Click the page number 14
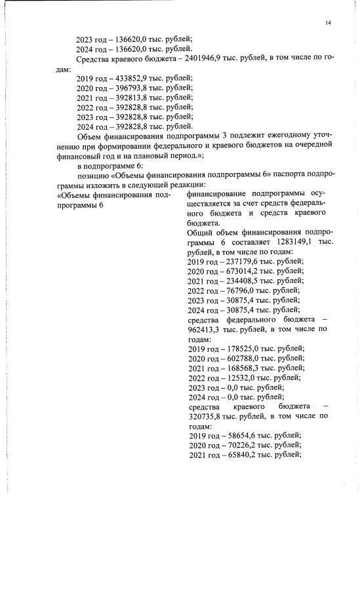point(328,24)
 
